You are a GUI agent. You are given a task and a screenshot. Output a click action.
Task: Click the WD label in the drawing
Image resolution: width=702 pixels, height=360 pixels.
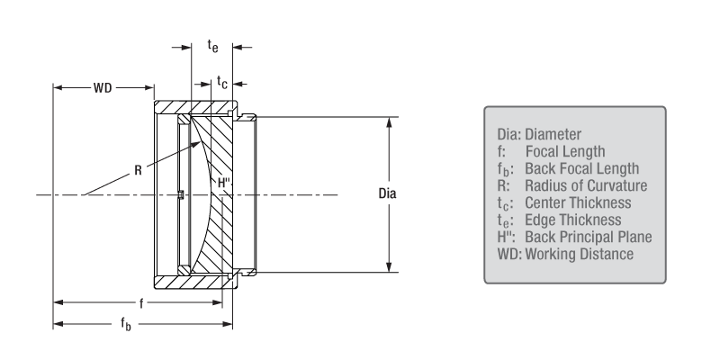pos(103,89)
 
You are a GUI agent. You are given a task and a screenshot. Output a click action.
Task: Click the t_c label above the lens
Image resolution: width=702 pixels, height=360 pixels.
pos(222,82)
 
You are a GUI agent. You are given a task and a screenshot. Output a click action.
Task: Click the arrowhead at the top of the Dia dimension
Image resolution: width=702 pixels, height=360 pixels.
pos(389,121)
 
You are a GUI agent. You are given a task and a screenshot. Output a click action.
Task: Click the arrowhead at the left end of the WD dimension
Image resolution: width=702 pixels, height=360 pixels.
pos(57,89)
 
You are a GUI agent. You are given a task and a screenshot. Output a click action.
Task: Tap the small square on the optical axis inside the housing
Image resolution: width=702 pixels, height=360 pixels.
pos(181,194)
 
